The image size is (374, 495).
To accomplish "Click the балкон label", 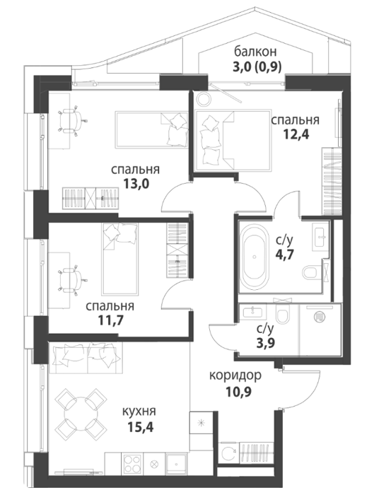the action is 255,51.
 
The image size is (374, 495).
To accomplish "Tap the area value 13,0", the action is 136,184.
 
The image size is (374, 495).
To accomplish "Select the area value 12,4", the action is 296,134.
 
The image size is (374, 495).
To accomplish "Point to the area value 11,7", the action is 110,320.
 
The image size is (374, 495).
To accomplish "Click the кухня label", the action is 139,412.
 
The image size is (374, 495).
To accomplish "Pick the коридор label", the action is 235,375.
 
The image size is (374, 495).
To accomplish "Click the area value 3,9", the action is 265,342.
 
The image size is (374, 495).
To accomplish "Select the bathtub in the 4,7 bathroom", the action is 255,257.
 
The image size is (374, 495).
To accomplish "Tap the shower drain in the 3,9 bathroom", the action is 320,317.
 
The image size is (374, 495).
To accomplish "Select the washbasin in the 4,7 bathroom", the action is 320,235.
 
